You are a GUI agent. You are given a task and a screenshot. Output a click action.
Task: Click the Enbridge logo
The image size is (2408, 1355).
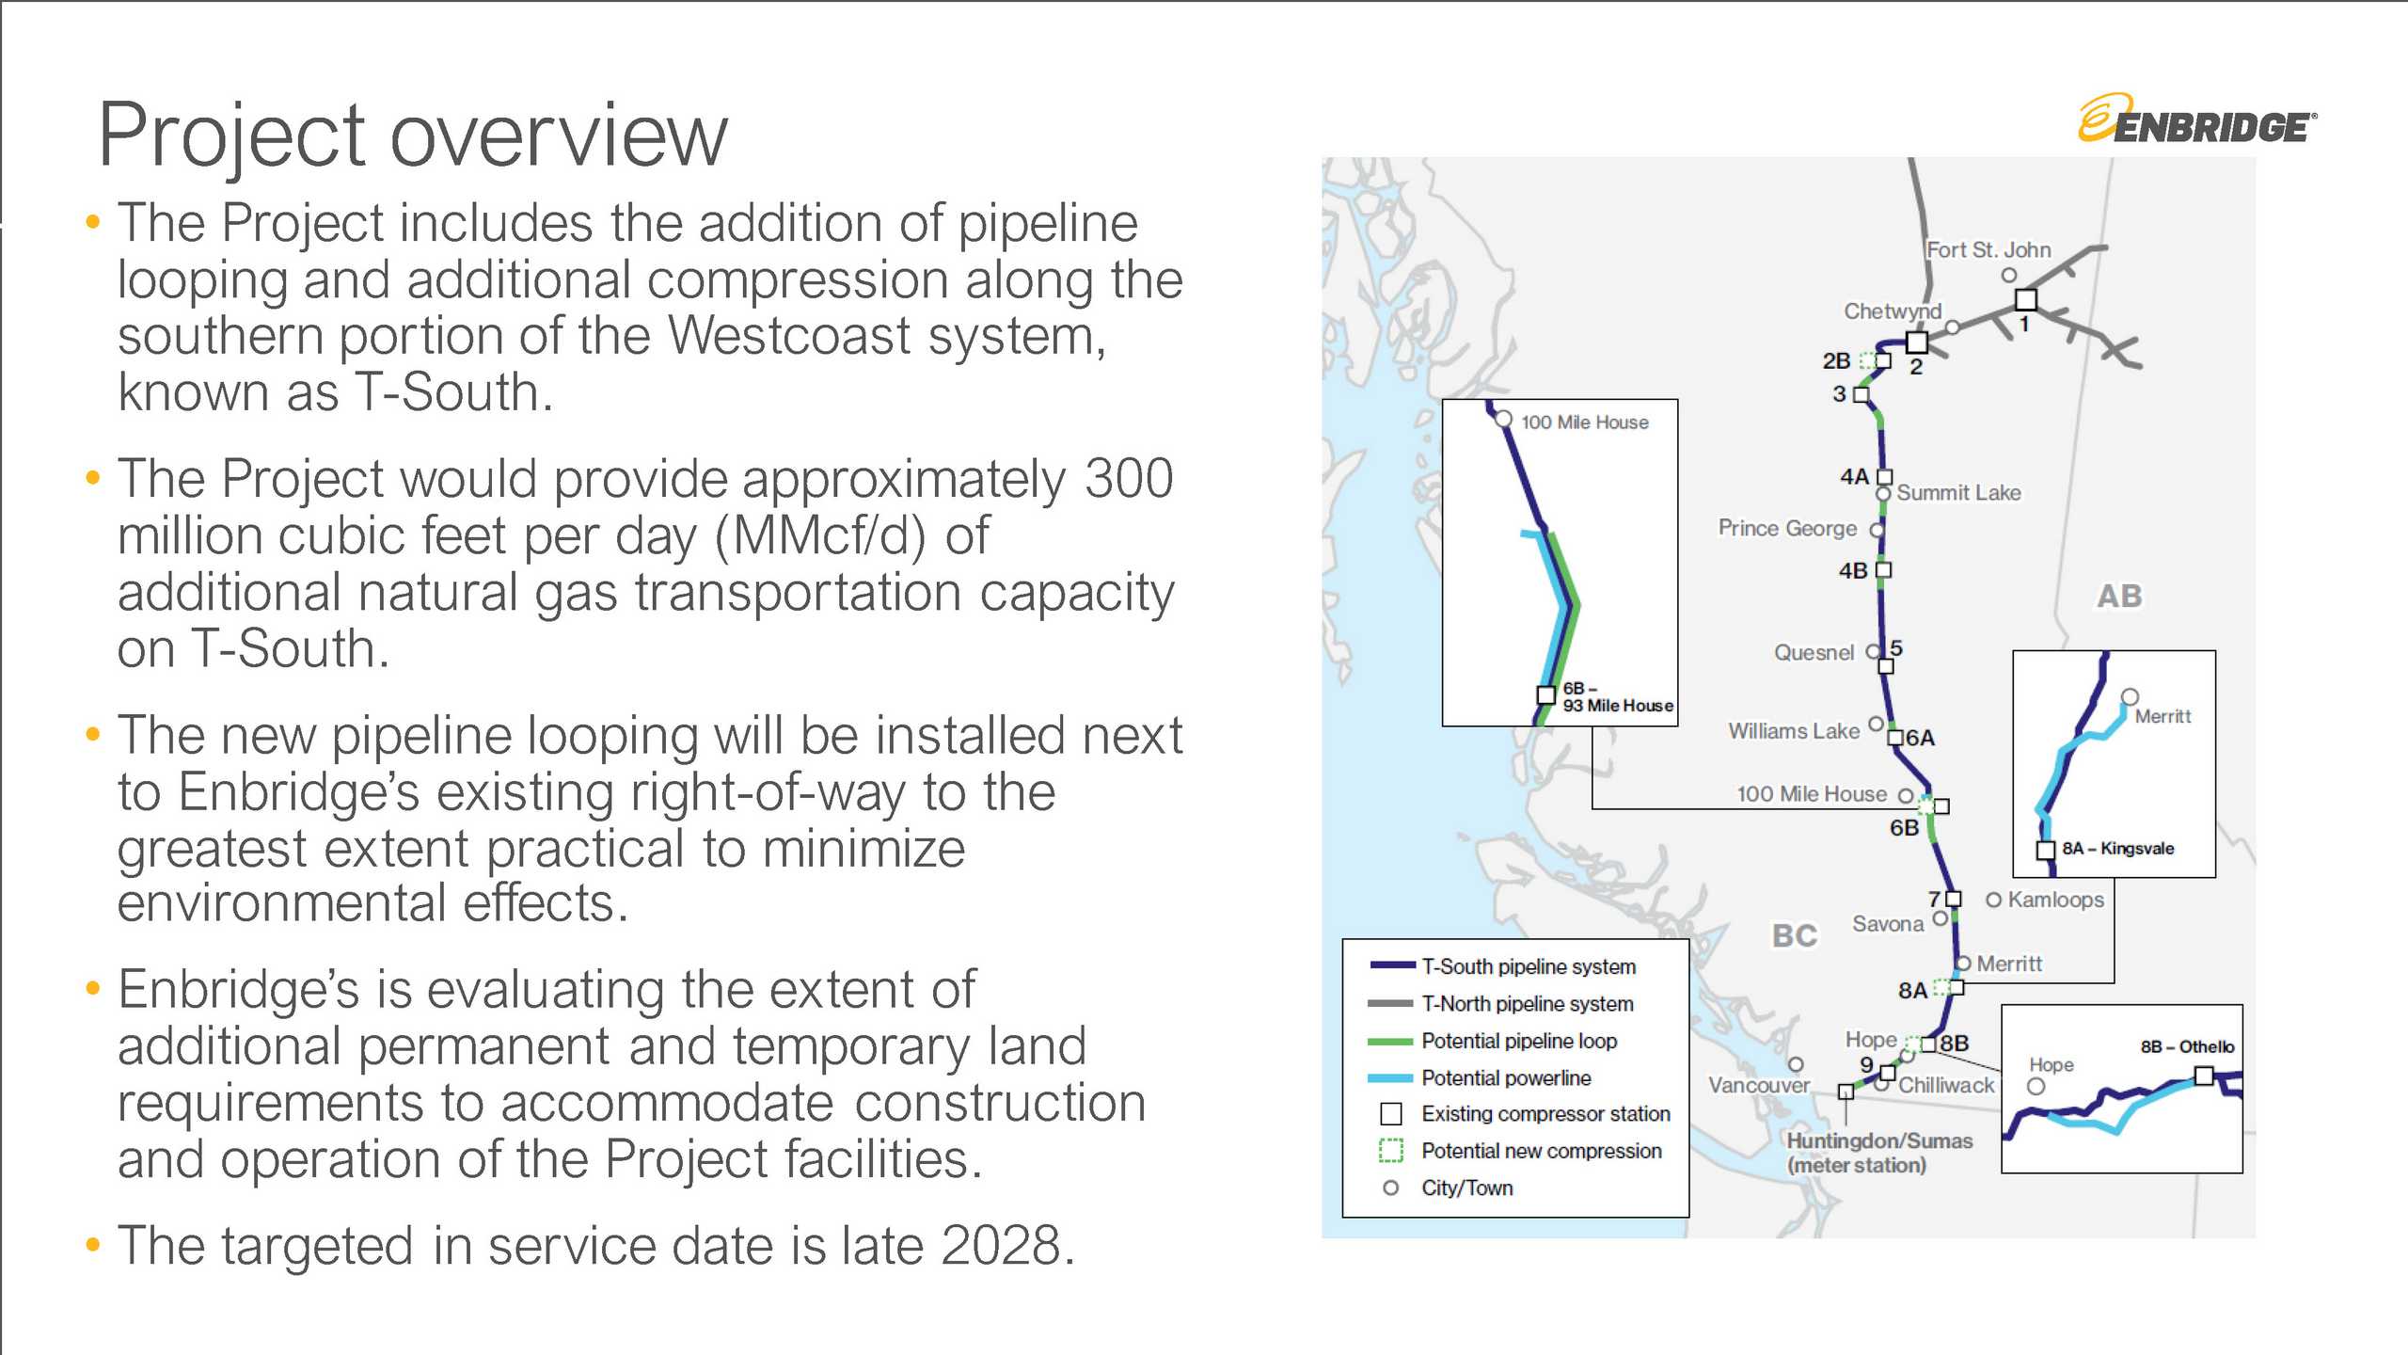2197,120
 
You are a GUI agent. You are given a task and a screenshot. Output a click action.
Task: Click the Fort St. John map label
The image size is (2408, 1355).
1988,250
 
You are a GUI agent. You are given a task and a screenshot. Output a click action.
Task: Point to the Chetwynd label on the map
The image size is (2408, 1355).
1892,311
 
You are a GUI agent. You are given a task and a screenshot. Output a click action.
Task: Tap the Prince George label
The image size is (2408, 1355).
1787,529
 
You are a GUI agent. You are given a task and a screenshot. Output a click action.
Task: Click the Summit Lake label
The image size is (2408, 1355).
1958,493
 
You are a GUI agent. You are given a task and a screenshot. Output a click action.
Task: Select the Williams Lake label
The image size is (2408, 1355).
1793,731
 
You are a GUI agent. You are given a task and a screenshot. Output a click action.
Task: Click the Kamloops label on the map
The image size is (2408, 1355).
2055,901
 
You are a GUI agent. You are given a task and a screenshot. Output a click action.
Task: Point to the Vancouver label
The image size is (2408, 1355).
1758,1086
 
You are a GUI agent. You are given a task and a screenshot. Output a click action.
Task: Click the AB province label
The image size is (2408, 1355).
2119,597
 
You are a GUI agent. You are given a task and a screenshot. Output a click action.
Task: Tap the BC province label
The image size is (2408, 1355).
1794,936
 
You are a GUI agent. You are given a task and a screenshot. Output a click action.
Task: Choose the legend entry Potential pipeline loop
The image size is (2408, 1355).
1518,1042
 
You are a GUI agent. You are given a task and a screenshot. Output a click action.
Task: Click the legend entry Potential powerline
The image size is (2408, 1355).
1505,1078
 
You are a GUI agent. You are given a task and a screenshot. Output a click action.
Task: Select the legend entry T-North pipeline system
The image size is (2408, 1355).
1527,1004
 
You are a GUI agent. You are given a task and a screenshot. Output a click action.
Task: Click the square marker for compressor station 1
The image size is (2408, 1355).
2026,299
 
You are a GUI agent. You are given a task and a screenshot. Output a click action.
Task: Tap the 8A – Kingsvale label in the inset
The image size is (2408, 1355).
2117,849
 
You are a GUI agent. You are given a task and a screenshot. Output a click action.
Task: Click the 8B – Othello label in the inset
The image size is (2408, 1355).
2187,1047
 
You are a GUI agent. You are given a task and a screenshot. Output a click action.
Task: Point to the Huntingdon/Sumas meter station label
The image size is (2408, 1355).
1878,1153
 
